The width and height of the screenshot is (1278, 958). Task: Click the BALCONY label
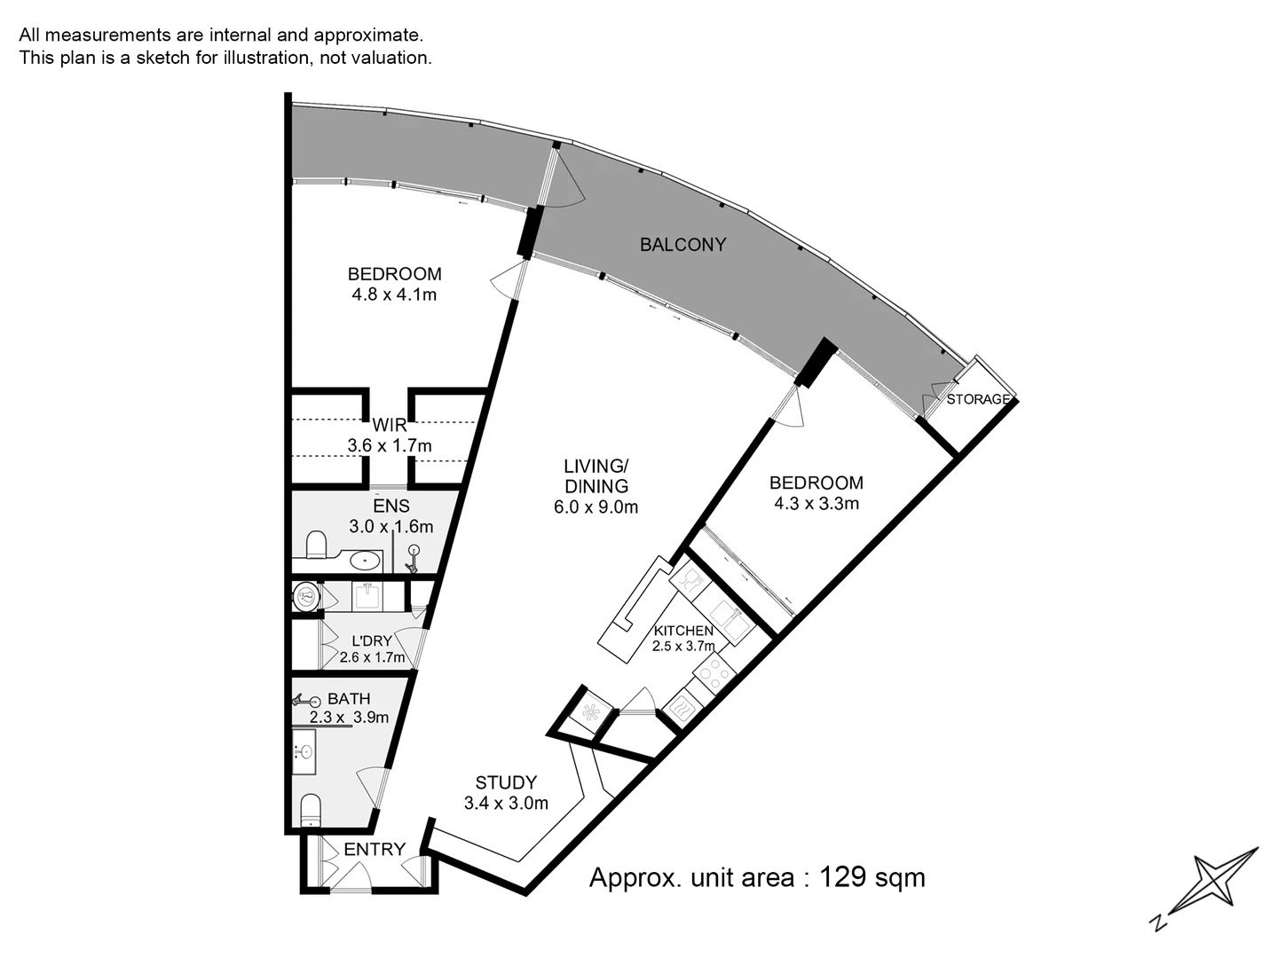682,245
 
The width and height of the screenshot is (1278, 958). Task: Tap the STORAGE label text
977,399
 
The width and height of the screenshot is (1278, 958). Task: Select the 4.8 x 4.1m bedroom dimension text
394,294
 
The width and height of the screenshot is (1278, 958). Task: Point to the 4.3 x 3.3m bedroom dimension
816,504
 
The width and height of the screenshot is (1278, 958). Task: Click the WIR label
389,425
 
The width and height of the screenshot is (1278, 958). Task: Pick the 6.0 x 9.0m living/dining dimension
596,507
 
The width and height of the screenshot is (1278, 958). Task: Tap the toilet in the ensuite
316,546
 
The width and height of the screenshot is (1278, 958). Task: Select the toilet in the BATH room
311,809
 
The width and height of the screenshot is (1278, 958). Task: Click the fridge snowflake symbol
588,711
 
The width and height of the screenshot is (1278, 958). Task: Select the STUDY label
506,782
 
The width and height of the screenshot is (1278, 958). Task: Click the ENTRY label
374,850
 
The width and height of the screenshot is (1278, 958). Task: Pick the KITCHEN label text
683,631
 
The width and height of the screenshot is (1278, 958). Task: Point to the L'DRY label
371,641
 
